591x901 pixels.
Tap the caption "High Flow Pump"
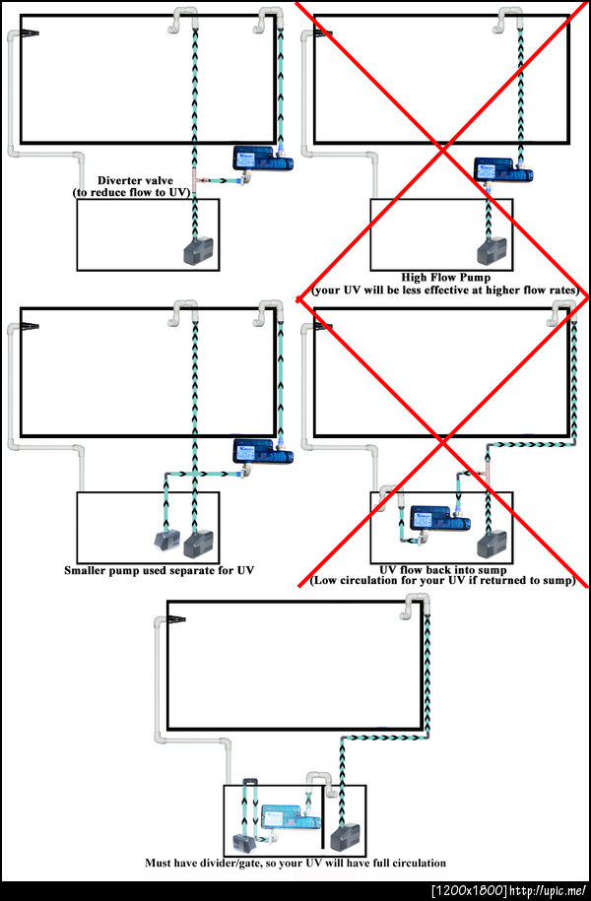click(441, 278)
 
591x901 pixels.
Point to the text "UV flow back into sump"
click(441, 569)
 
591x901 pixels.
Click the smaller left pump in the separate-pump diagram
click(162, 540)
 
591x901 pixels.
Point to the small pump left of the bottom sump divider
click(241, 843)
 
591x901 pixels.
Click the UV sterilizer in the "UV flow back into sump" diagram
click(430, 516)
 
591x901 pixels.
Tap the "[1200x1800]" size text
click(469, 891)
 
